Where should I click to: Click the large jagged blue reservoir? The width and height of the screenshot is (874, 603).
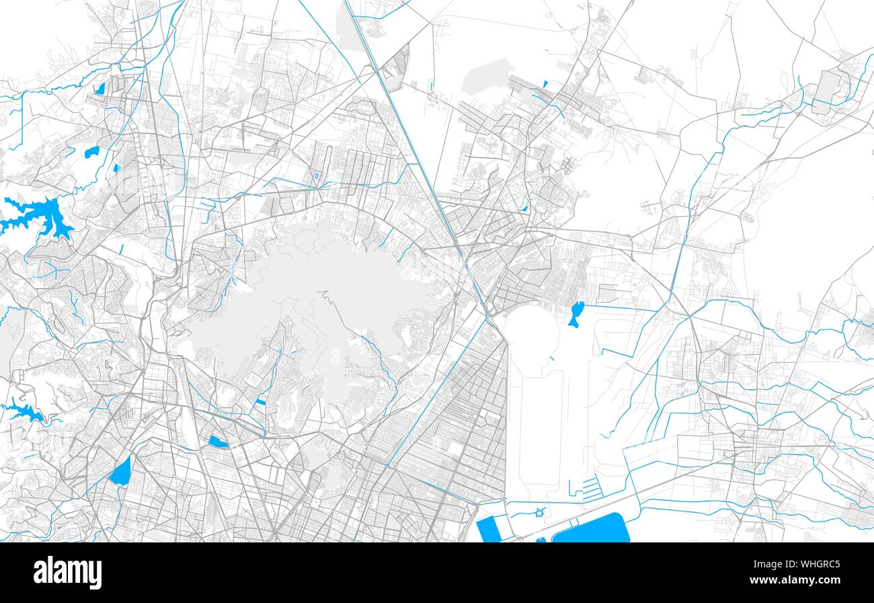[x=37, y=216]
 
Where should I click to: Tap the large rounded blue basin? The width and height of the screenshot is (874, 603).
[x=591, y=528]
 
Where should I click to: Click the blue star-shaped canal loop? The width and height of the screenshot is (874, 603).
[x=539, y=513]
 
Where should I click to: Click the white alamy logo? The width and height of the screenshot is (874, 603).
[x=68, y=573]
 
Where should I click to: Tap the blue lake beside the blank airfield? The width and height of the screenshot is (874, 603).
[x=574, y=314]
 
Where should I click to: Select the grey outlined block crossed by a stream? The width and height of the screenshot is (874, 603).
[x=826, y=91]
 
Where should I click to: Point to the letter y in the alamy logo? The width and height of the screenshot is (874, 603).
[x=96, y=575]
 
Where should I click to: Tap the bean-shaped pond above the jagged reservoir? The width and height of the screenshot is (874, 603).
[x=91, y=152]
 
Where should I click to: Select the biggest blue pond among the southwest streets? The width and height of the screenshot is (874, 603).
[x=120, y=472]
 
